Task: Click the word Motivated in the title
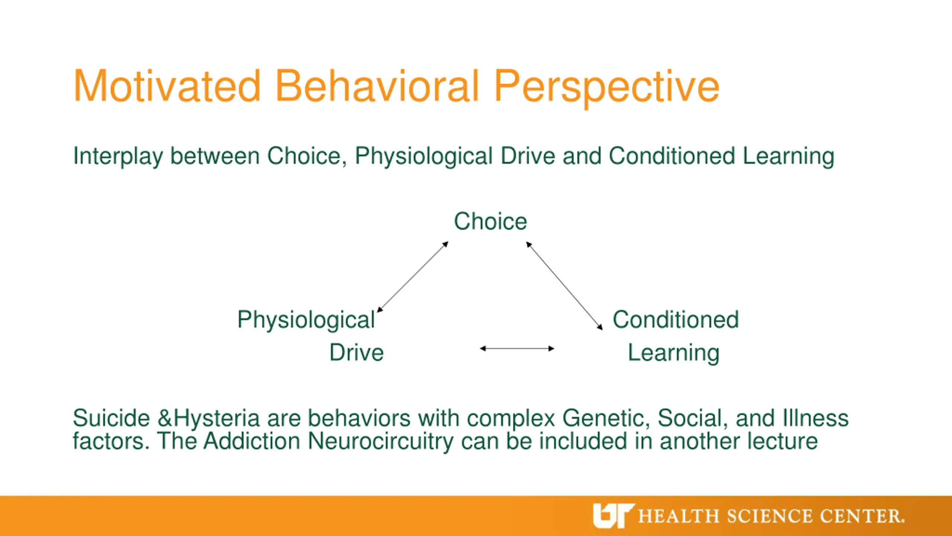pos(167,86)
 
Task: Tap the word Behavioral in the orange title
pos(377,86)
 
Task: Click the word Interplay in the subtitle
pos(118,156)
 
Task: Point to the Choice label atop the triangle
pos(491,221)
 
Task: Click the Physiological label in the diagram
pos(306,320)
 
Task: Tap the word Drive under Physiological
pos(356,352)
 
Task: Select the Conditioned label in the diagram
pos(676,320)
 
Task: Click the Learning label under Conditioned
pos(673,354)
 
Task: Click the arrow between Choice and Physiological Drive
pos(413,277)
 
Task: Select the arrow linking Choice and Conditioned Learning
pos(564,286)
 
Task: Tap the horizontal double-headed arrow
pos(517,349)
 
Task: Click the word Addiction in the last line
pos(252,441)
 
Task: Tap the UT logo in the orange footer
pos(613,516)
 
